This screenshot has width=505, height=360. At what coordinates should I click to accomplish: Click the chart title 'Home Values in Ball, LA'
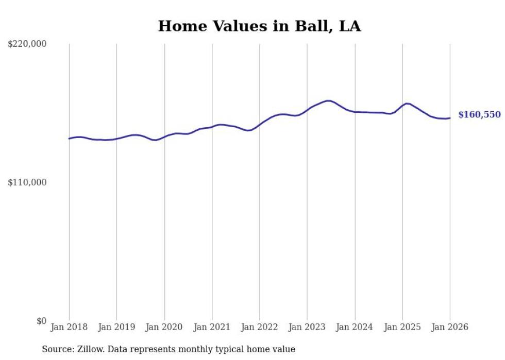pyautogui.click(x=259, y=26)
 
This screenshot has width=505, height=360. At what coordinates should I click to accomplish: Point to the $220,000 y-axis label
pyautogui.click(x=27, y=44)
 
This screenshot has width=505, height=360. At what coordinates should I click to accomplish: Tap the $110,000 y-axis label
pyautogui.click(x=27, y=182)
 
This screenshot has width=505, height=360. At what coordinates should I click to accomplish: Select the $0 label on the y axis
pyautogui.click(x=41, y=321)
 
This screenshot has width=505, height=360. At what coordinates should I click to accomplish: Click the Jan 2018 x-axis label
pyautogui.click(x=69, y=327)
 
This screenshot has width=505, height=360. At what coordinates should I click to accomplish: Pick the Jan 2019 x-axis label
pyautogui.click(x=116, y=327)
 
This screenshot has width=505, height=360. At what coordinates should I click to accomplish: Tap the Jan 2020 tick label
pyautogui.click(x=164, y=327)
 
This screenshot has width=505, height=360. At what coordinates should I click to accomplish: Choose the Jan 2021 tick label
pyautogui.click(x=212, y=327)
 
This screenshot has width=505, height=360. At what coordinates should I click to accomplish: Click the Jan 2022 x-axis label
pyautogui.click(x=260, y=327)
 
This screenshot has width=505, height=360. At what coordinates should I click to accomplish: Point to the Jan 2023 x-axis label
pyautogui.click(x=307, y=327)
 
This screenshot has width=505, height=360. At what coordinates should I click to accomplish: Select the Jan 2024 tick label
pyautogui.click(x=355, y=327)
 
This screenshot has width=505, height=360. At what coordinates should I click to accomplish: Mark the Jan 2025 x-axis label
pyautogui.click(x=402, y=327)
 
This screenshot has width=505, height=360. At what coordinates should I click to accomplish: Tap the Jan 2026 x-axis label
pyautogui.click(x=450, y=327)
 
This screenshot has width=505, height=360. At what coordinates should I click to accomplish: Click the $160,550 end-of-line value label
pyautogui.click(x=479, y=115)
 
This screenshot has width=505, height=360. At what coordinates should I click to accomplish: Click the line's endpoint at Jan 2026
pyautogui.click(x=450, y=118)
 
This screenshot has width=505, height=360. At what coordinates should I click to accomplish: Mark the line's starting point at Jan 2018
pyautogui.click(x=69, y=139)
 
